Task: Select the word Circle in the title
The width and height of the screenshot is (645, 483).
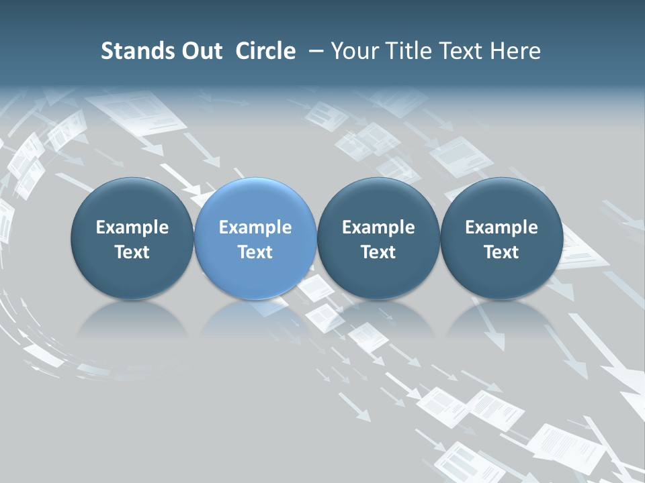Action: click(265, 51)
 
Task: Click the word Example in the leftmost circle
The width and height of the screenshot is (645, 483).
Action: click(132, 227)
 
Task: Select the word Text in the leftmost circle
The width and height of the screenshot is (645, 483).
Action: click(132, 252)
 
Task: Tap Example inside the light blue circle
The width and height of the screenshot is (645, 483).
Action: click(255, 227)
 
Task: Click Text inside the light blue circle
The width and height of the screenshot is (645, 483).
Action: click(255, 252)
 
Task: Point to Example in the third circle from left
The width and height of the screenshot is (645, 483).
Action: click(378, 227)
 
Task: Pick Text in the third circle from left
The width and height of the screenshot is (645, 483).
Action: click(378, 252)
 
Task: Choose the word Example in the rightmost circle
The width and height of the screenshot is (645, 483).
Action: click(501, 227)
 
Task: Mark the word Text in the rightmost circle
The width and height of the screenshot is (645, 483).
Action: click(501, 252)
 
